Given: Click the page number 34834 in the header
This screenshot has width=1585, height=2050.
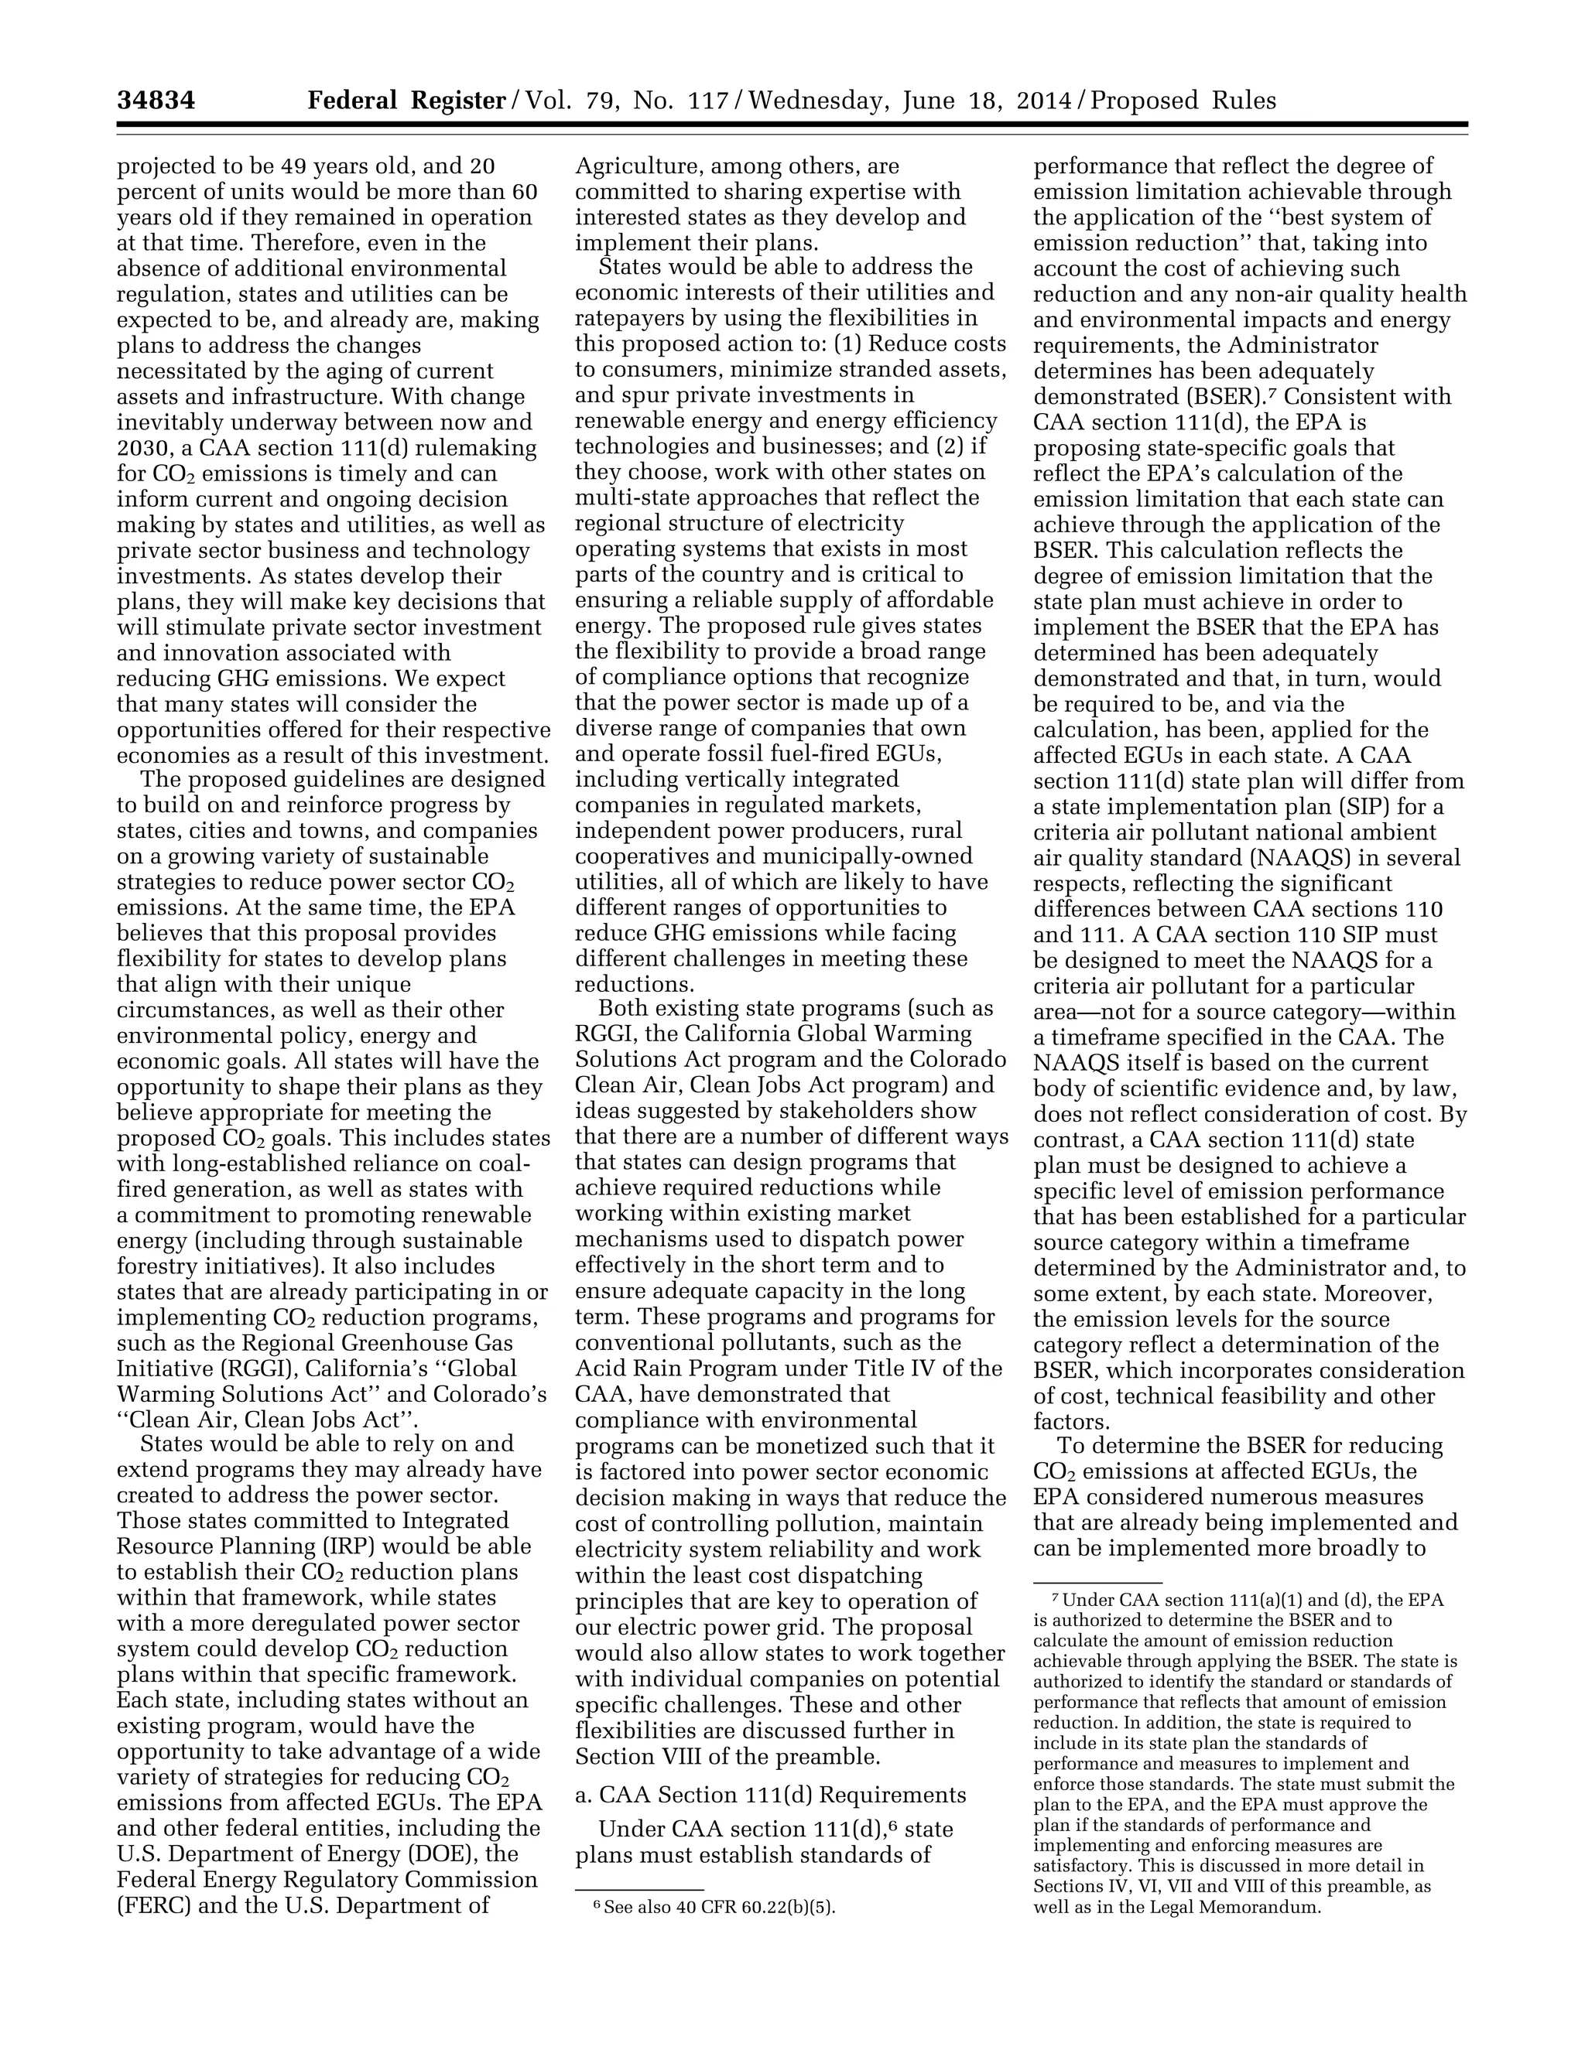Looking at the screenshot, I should click(x=156, y=101).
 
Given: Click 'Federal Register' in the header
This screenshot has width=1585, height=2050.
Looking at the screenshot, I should click(x=406, y=101).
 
